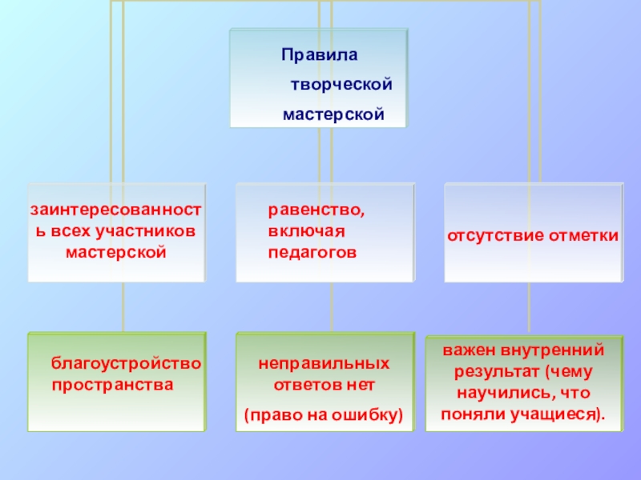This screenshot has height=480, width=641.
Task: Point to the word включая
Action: [x=306, y=232]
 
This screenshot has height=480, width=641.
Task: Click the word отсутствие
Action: [x=494, y=237]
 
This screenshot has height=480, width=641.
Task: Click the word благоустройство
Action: [x=126, y=365]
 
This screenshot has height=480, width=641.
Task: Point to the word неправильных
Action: [x=324, y=365]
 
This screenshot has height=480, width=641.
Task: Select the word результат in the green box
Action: [x=490, y=373]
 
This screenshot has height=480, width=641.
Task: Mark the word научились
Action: [x=503, y=394]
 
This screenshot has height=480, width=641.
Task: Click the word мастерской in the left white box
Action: [x=115, y=252]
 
